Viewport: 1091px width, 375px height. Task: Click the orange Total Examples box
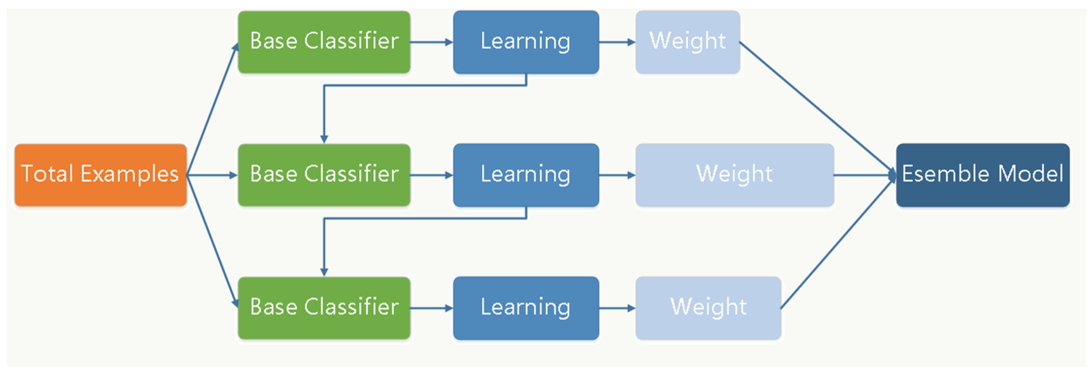pos(101,175)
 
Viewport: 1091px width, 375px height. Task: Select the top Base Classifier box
pos(324,42)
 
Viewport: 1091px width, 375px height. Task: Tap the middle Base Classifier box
pos(324,175)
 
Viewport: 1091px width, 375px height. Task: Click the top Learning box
pos(526,42)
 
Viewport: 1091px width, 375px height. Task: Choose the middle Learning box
pos(526,175)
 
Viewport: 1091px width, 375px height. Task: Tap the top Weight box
pos(687,42)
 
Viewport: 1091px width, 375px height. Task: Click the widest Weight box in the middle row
pos(735,175)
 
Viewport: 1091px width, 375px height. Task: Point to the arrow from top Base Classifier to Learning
pos(431,42)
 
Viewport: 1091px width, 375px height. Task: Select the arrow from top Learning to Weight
pos(617,42)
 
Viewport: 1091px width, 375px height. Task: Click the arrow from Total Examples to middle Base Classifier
pos(212,175)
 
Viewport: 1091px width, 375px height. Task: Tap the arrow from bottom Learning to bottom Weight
pos(617,308)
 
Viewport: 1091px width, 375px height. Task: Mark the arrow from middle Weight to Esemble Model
pos(864,175)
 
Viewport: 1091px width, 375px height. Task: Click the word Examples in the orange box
pos(130,174)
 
